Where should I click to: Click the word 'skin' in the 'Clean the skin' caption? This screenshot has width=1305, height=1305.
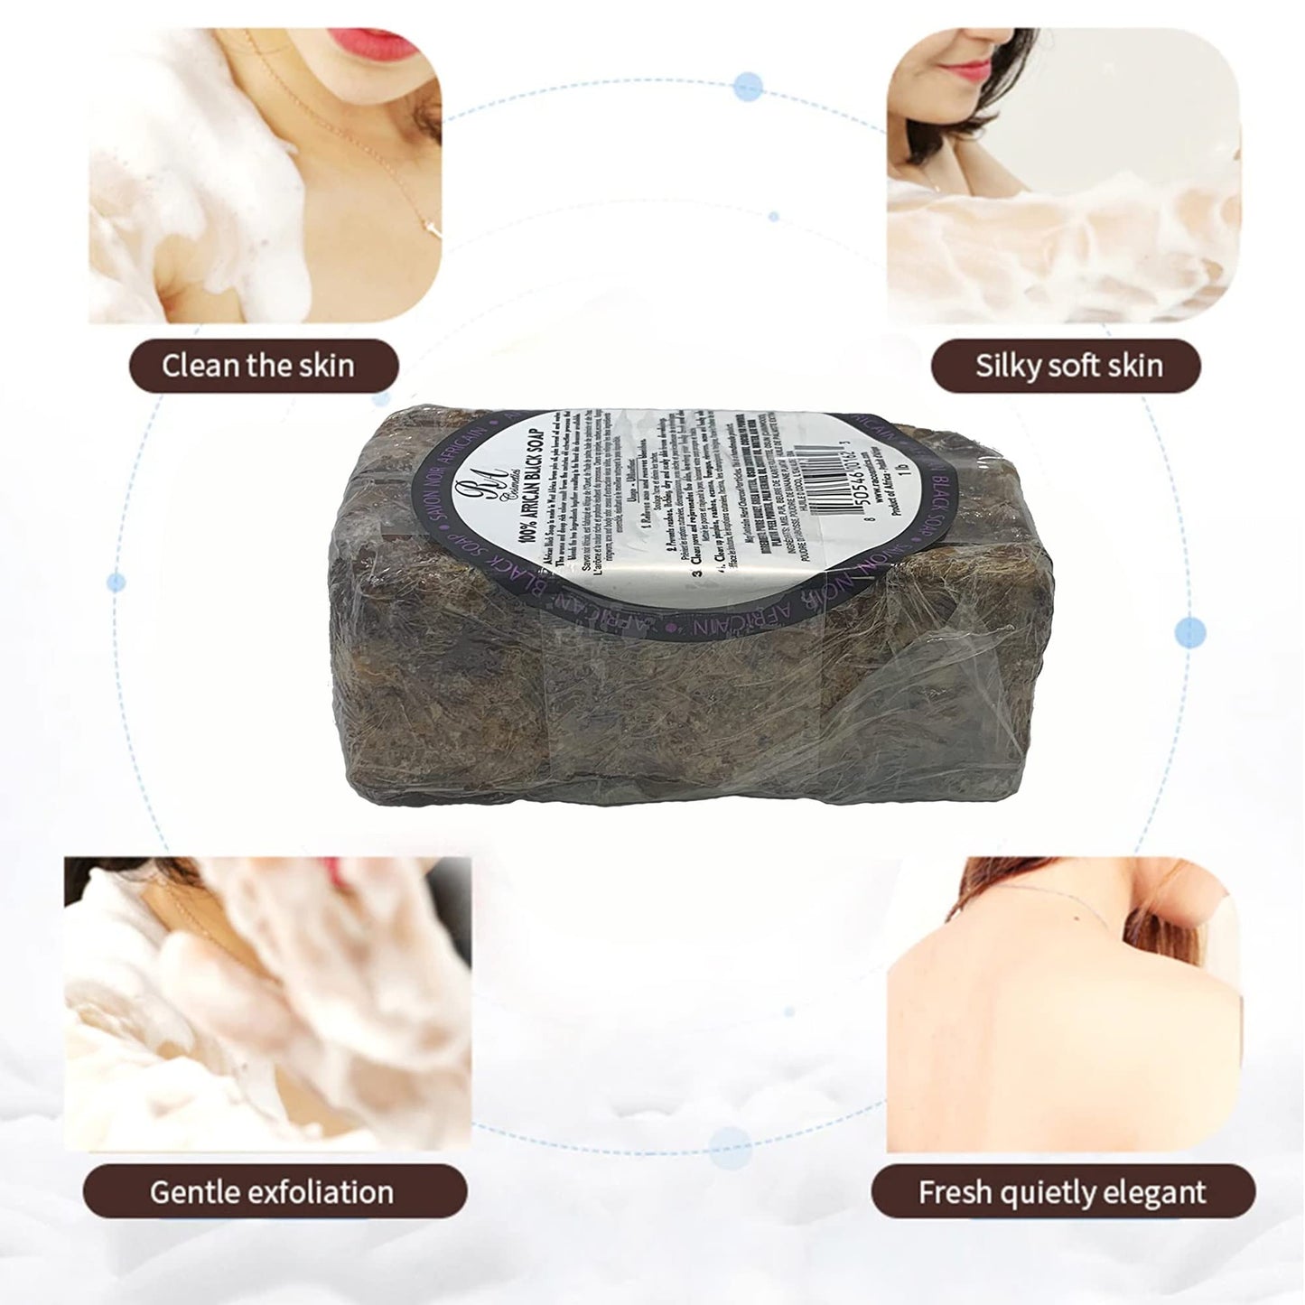[x=322, y=366]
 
